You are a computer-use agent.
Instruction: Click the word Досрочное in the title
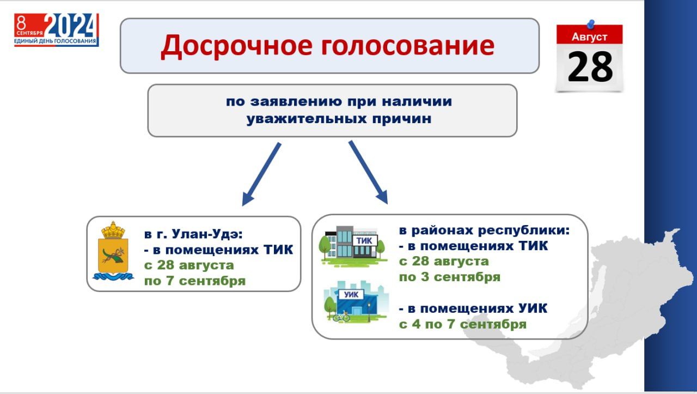coord(236,46)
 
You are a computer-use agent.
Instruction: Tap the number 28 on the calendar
coord(590,66)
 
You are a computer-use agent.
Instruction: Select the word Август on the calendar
coord(589,37)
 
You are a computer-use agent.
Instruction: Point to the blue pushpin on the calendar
coord(591,24)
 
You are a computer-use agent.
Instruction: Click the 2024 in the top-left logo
coord(70,25)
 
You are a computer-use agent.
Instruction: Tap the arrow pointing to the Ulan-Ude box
coord(261,174)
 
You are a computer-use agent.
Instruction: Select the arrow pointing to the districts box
coord(369,172)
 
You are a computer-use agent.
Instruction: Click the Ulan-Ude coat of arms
coord(113,251)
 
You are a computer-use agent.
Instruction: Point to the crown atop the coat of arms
coord(113,230)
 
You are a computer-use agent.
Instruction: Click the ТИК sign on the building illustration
coord(364,240)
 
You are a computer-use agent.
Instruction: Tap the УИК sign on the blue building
coord(351,294)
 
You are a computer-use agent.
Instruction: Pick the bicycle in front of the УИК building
coord(341,317)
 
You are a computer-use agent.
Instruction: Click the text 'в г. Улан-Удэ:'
coord(193,234)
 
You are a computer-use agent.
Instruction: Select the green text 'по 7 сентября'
coord(195,281)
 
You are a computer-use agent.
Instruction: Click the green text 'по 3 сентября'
coord(450,277)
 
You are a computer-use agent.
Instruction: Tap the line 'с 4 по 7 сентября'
coord(463,324)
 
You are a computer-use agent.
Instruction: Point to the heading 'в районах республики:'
coord(484,231)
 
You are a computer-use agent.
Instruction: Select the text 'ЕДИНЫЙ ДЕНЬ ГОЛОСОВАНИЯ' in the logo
coord(55,41)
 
